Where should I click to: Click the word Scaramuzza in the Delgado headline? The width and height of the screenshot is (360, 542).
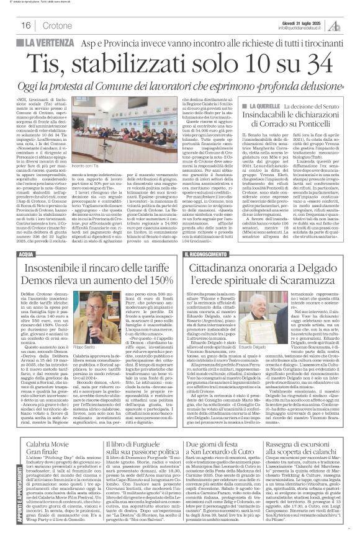pyautogui.click(x=298, y=279)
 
